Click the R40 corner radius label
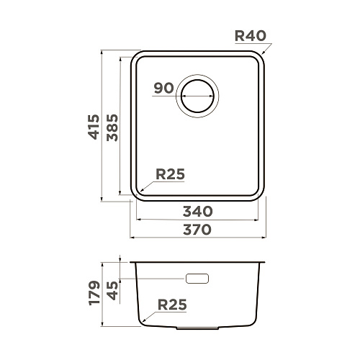[x=251, y=36]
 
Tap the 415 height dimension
[x=94, y=127]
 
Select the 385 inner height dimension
[x=112, y=127]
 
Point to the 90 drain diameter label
[x=163, y=88]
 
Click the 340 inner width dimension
[x=198, y=212]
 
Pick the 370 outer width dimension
[x=197, y=230]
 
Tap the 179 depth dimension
[x=94, y=293]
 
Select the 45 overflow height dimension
[x=112, y=291]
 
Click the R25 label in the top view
[x=170, y=174]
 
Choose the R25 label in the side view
[x=172, y=305]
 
